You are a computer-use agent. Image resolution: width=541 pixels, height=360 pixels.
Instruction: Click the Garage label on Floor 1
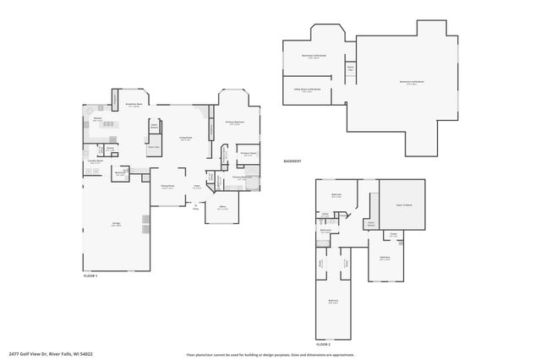tap(116, 226)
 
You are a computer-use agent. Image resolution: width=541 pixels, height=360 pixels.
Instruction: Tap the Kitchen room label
tap(98, 120)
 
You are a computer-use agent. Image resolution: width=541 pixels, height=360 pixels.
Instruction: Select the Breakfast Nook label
tap(133, 106)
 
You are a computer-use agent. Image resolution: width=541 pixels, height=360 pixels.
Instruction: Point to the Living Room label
tap(185, 138)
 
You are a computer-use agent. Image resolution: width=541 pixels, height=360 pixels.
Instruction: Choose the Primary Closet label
tap(249, 155)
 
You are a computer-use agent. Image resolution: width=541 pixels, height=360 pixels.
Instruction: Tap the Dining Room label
tap(167, 187)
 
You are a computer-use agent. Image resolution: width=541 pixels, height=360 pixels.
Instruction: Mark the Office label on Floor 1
tap(221, 208)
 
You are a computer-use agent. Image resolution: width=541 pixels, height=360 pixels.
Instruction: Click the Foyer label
tap(195, 187)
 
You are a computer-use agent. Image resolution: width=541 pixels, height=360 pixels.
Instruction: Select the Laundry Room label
tap(95, 161)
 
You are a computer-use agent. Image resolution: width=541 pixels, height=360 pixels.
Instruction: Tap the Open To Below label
tap(401, 205)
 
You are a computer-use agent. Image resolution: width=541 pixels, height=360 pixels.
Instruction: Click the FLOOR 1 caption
tap(90, 276)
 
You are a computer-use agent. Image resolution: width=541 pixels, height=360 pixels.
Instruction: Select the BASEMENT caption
tap(292, 161)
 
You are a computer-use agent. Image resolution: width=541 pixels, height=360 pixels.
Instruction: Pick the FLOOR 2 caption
tap(325, 344)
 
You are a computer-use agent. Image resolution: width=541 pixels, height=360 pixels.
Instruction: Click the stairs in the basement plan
tap(350, 68)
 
